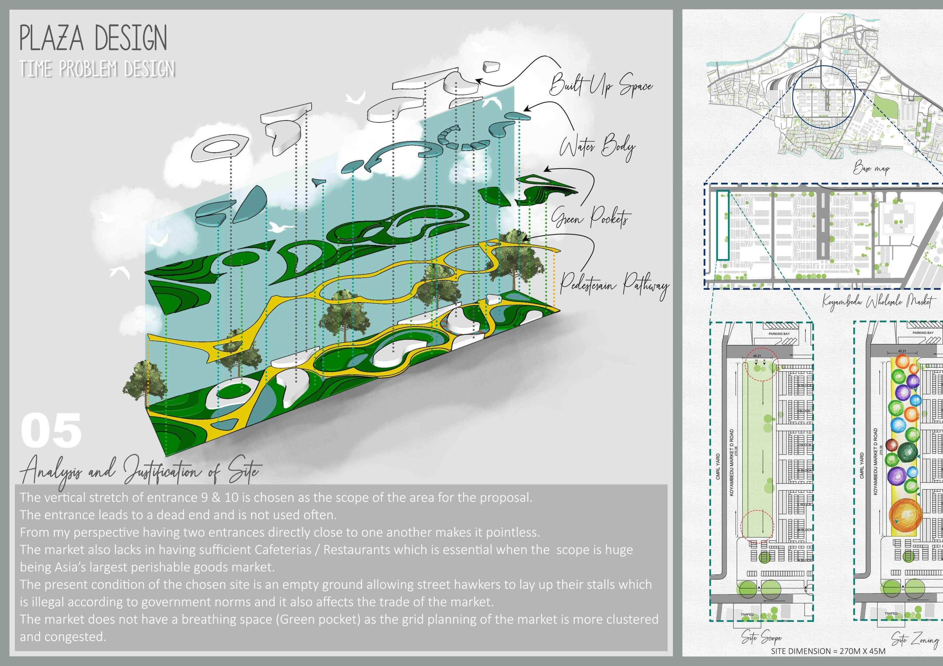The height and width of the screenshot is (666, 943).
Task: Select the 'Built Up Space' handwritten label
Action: pyautogui.click(x=601, y=85)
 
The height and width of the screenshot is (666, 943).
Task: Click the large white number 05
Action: pyautogui.click(x=51, y=431)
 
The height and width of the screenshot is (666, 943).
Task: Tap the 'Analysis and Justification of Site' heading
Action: pyautogui.click(x=140, y=472)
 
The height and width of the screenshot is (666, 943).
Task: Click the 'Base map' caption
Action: pyautogui.click(x=871, y=168)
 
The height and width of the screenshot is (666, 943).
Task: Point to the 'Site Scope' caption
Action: pyautogui.click(x=761, y=637)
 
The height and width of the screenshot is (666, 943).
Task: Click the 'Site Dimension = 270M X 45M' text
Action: pyautogui.click(x=828, y=651)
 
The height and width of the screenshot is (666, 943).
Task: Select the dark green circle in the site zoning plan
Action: pyautogui.click(x=907, y=453)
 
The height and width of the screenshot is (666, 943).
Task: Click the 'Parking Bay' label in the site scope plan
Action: pyautogui.click(x=779, y=334)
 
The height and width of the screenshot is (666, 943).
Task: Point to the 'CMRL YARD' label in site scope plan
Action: pyautogui.click(x=718, y=466)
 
